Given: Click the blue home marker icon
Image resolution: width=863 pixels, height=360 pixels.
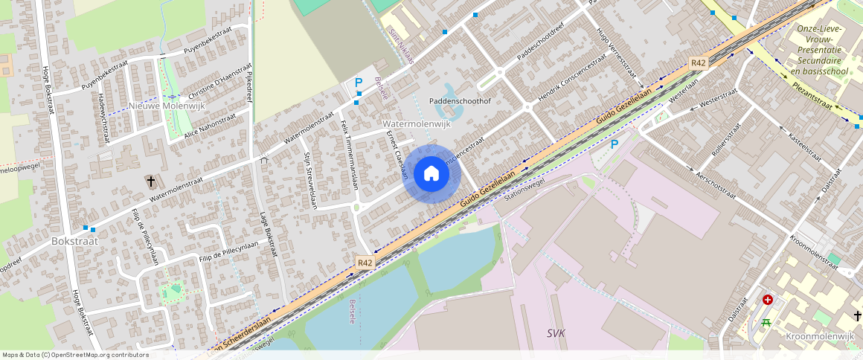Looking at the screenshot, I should pos(431,174).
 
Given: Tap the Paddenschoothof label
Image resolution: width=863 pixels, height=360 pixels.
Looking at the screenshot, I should pos(460,100).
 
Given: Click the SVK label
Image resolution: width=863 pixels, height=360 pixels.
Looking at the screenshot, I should pos(556,332).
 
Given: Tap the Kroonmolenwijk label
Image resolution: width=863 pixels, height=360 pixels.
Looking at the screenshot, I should pos(820,336).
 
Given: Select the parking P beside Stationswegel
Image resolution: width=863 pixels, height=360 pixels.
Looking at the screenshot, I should pos(615,144).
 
